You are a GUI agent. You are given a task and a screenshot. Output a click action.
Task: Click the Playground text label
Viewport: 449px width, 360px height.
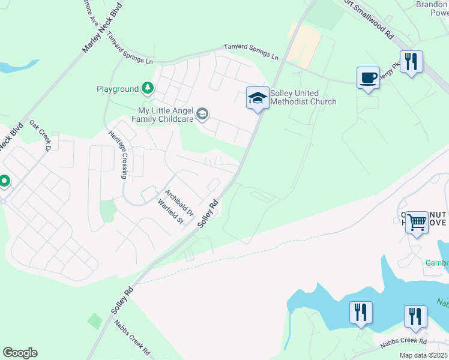(x=118, y=89)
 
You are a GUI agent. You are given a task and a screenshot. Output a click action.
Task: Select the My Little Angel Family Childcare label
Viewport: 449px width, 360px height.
(x=166, y=115)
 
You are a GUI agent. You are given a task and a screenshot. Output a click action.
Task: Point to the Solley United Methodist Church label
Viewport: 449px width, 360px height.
(x=303, y=97)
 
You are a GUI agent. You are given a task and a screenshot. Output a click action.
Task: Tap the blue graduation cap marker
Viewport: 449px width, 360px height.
(x=258, y=98)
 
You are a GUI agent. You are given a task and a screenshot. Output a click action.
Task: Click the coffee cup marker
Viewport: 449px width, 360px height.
(x=368, y=78)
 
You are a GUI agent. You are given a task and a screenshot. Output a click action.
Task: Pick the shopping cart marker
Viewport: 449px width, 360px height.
(x=417, y=223)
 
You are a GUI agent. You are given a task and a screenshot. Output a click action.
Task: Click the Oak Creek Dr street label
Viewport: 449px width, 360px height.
(x=41, y=134)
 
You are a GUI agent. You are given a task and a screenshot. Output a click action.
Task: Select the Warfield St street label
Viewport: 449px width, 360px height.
(x=170, y=212)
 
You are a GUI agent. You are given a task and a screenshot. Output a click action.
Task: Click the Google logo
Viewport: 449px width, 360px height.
(x=20, y=353)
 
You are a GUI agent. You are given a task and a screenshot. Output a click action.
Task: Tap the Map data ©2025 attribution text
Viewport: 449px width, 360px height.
(x=424, y=355)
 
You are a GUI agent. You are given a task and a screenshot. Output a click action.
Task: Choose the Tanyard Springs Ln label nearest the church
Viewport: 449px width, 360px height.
(x=252, y=52)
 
